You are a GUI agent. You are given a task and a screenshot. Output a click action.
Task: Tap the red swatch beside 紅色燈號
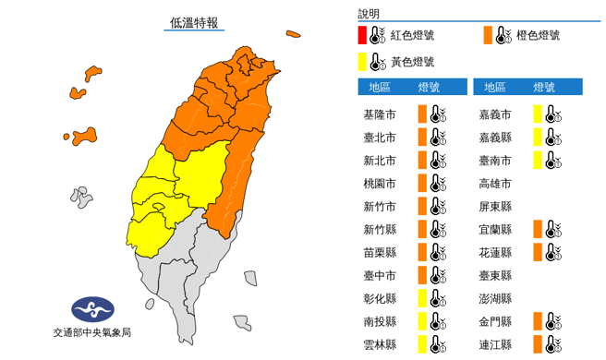(363, 37)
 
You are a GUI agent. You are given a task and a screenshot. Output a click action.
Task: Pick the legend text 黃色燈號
(412, 62)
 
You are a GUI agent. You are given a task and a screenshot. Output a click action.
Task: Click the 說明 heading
(369, 14)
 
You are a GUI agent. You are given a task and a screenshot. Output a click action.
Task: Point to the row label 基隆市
(382, 114)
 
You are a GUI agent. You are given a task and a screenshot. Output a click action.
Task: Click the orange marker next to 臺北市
(421, 138)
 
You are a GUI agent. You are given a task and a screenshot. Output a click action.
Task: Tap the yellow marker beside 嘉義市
(537, 114)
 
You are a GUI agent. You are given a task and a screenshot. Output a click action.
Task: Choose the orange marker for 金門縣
(537, 321)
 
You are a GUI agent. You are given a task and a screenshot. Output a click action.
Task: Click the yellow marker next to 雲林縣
(421, 344)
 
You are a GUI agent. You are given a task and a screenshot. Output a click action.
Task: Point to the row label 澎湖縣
(495, 298)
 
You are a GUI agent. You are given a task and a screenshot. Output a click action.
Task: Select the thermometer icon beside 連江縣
(552, 344)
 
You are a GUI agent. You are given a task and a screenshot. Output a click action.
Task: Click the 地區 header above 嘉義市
(495, 88)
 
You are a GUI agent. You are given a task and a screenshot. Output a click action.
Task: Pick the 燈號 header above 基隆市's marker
(429, 88)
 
